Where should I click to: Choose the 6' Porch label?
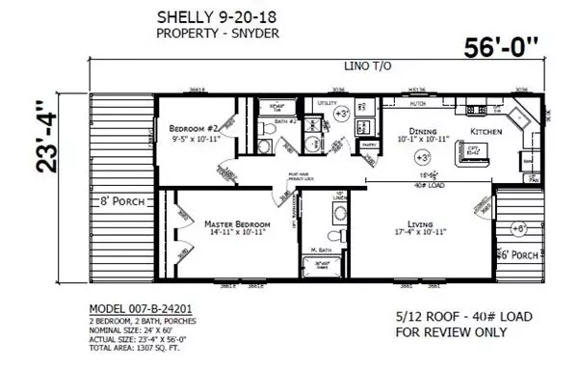[516, 254]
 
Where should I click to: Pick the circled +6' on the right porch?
[520, 228]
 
